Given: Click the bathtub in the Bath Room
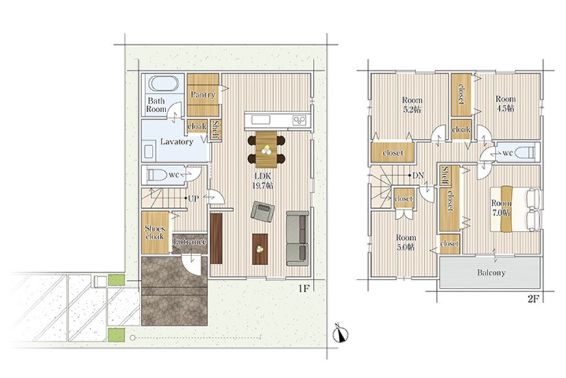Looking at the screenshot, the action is [163, 84].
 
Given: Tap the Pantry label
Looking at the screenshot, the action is [203, 95].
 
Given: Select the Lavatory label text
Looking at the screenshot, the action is [177, 142].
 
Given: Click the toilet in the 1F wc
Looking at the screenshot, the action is [155, 175].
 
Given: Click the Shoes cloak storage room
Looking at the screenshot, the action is [155, 233].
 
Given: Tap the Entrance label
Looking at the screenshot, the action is [190, 242].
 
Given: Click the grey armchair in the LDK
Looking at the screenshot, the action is [262, 211].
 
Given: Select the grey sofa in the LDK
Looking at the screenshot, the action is [297, 239].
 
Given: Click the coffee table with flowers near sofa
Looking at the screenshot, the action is [260, 249].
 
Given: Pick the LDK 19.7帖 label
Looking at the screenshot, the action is [264, 181].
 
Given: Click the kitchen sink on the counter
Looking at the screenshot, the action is [261, 119].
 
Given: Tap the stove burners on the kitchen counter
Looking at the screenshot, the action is [300, 120].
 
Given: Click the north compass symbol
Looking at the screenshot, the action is [340, 333].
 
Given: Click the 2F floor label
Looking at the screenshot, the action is [534, 299].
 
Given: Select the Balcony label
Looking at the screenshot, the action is [491, 273].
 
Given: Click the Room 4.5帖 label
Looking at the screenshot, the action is [506, 104].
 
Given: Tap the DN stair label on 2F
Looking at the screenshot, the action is [418, 176].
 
